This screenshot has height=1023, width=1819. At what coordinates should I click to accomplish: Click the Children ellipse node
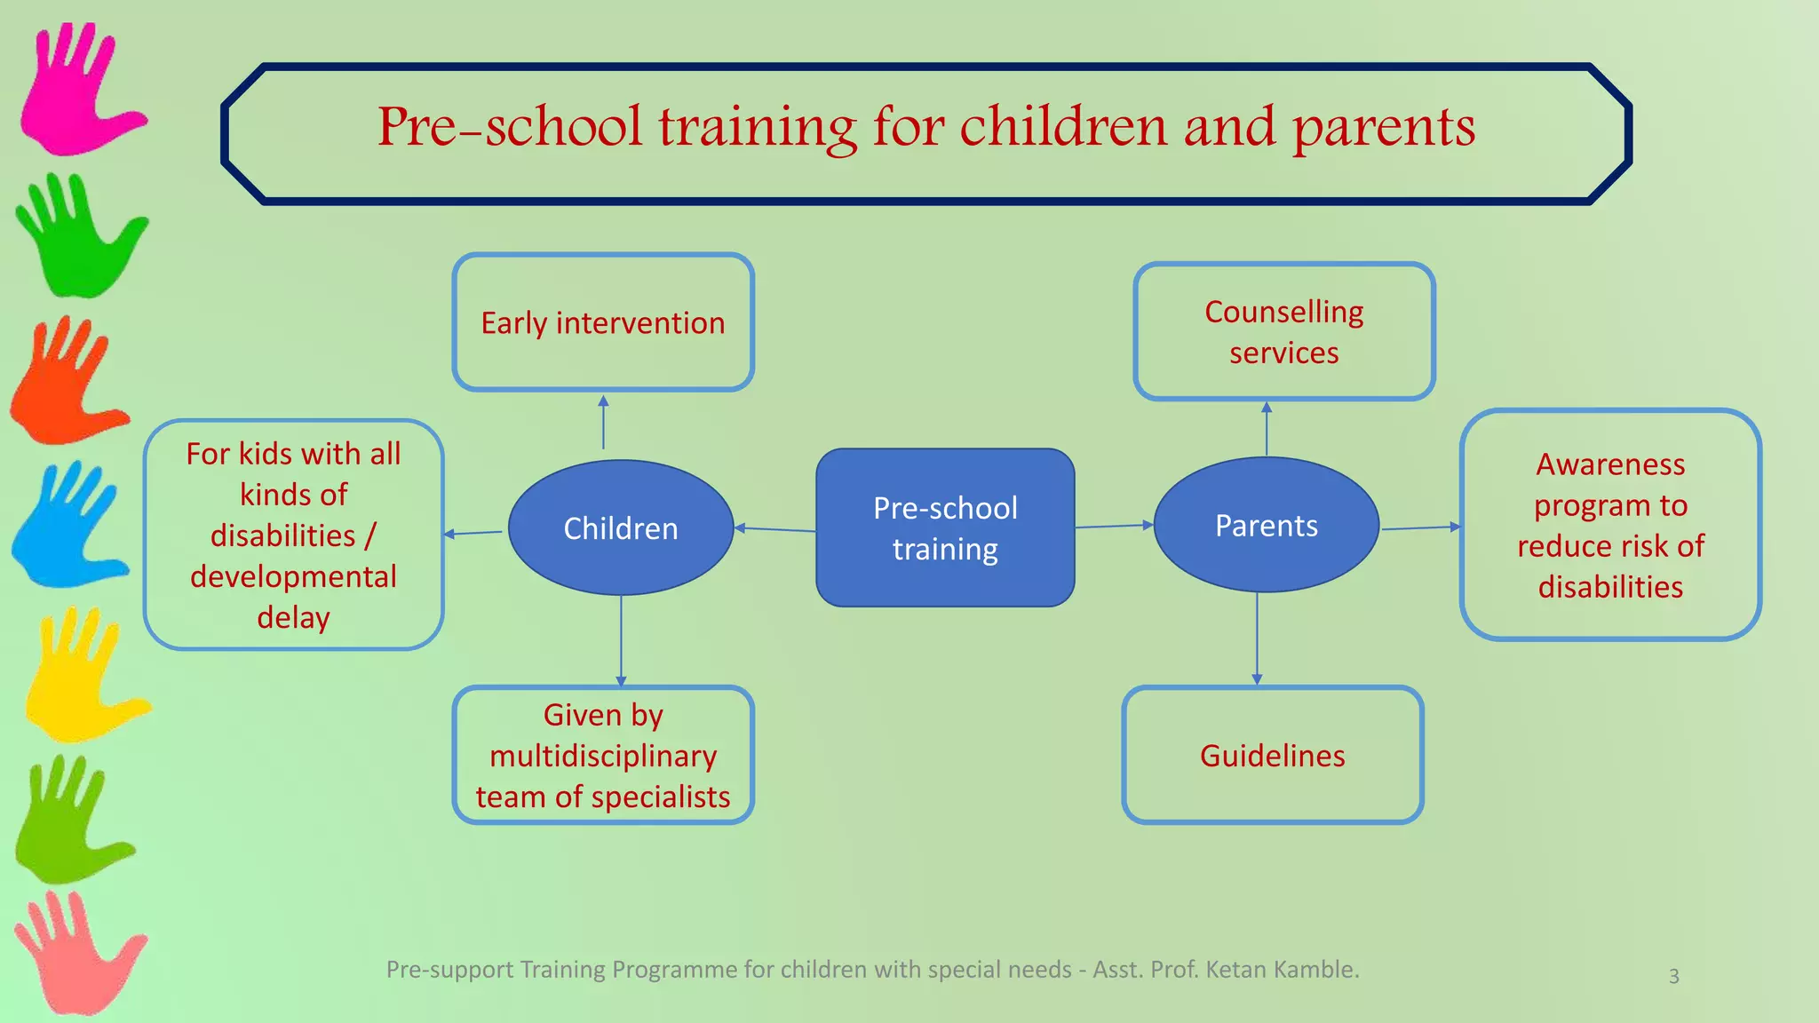coord(621,527)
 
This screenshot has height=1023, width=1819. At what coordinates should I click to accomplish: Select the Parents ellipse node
coord(1266,525)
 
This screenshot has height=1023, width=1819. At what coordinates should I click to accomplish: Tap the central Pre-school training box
coord(945,527)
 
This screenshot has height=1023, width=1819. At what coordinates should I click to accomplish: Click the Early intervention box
coord(603,322)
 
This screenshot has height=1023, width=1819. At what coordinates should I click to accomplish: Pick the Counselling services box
coord(1283,331)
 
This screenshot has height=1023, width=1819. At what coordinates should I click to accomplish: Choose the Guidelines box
coord(1272,755)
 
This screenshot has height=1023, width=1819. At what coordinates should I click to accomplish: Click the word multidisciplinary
coord(603,756)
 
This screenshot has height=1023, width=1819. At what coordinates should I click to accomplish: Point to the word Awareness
coord(1610,464)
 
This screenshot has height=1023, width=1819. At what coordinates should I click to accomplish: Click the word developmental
coord(293,576)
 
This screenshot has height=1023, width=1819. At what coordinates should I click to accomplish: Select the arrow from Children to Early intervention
coord(603,423)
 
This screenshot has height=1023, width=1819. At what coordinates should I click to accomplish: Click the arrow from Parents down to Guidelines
coord(1257,639)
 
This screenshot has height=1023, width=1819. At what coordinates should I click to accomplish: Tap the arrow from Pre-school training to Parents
coord(1114,526)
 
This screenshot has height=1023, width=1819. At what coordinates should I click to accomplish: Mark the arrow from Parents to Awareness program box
coord(1420,527)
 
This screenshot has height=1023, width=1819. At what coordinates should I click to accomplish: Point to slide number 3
coord(1673,976)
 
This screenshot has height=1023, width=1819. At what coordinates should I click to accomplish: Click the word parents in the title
coord(1383,127)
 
